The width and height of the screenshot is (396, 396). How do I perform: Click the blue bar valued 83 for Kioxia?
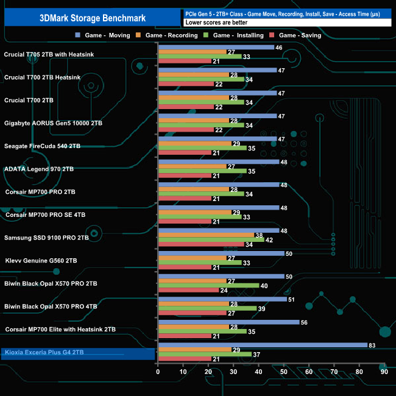point(262,345)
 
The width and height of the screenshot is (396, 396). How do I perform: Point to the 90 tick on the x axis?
point(384,371)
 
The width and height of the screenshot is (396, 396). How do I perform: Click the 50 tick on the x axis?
point(283,371)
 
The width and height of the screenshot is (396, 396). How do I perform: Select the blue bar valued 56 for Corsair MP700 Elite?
point(228,322)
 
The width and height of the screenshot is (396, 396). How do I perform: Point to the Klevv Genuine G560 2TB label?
point(41,260)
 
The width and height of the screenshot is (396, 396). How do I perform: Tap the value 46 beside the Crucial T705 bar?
point(278,47)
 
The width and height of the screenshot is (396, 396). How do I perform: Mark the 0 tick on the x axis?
point(158,371)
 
